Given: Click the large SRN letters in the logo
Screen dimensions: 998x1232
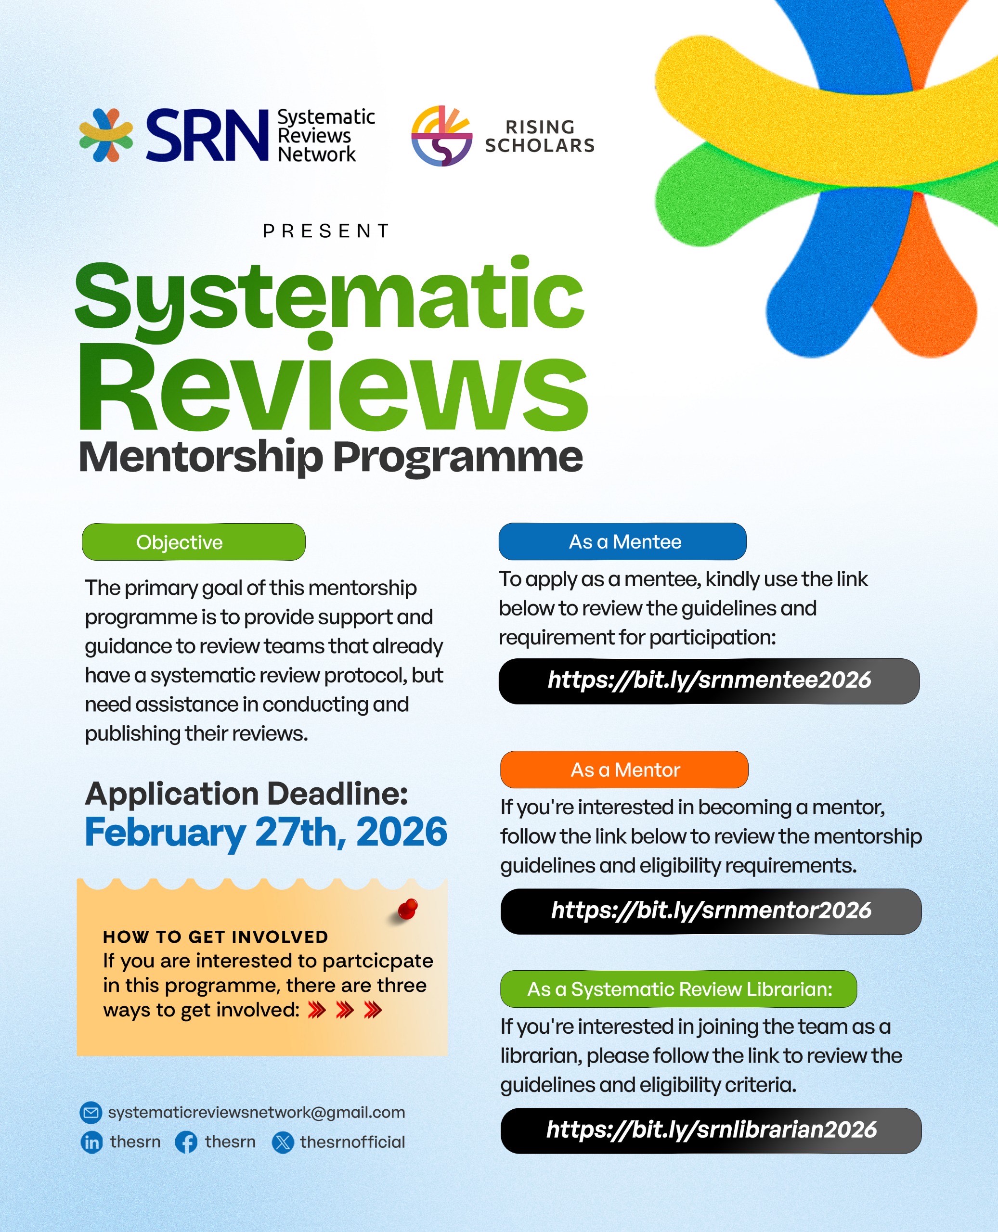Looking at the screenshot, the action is point(207,135).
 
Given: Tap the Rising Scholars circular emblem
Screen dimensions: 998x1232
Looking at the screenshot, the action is point(441,136).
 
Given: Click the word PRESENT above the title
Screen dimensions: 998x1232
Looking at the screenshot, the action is point(326,231).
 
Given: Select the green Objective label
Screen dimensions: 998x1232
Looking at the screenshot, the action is point(194,542).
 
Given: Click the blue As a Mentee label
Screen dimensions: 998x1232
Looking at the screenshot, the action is point(622,541).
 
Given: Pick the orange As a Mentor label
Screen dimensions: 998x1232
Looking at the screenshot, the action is point(624,770).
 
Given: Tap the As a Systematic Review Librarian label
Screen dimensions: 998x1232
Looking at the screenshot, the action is point(678,989).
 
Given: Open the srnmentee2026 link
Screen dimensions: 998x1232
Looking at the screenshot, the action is point(710,681).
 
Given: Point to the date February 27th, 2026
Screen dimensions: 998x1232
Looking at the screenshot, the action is point(266,833).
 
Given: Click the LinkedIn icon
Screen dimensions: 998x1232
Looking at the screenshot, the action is point(91,1142).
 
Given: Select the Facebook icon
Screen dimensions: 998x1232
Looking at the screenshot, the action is point(186,1142).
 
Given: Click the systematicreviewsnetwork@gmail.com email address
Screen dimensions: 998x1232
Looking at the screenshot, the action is point(257,1113).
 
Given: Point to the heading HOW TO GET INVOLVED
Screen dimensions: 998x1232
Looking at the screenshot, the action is point(216,937).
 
